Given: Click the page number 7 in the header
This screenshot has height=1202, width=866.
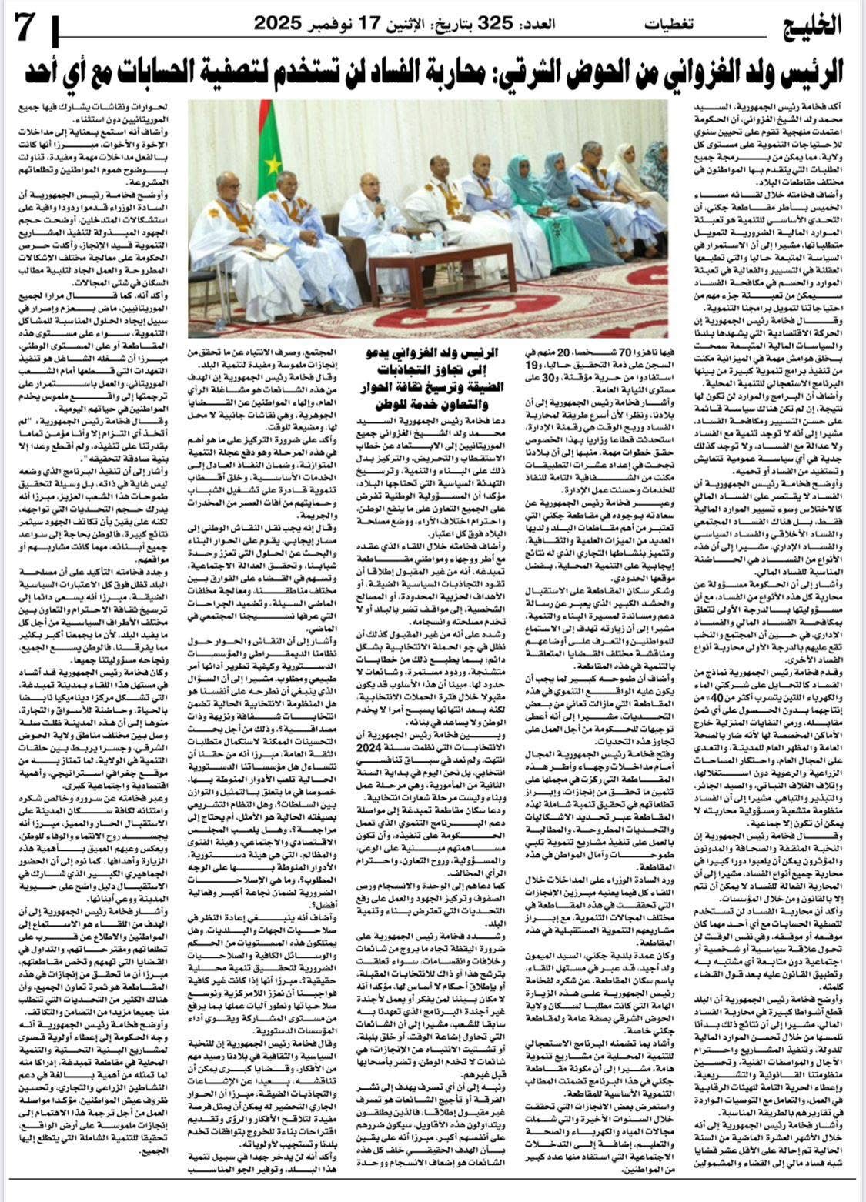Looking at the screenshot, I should tap(24, 30).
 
